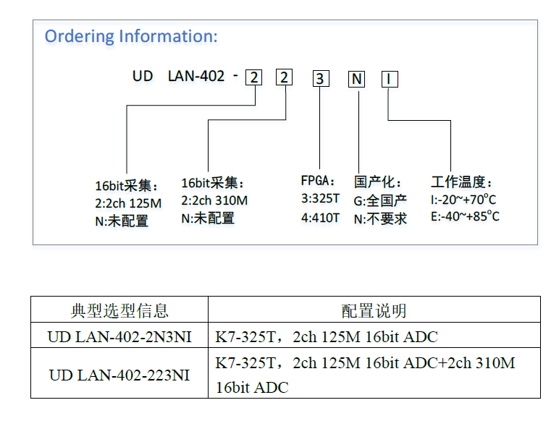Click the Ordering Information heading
point(131,36)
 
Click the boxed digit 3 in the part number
point(321,79)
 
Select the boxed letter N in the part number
point(356,79)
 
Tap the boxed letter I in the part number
point(390,79)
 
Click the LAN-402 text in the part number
point(196,76)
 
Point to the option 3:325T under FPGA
point(320,198)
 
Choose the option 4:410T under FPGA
point(320,217)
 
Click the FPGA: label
point(317,181)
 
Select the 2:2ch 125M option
point(128,203)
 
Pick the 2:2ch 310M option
point(214,200)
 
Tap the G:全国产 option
point(380,201)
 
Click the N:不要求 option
point(380,219)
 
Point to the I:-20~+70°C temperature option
point(463,200)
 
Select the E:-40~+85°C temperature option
point(465,216)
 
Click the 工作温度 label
point(461,182)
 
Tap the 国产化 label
point(377,182)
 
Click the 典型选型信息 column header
point(119,310)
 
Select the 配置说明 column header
point(374,310)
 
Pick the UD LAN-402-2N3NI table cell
point(119,336)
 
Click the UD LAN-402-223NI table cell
point(119,375)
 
